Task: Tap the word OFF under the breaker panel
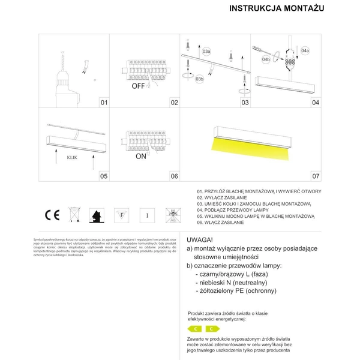click(139, 86)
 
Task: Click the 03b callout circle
click(200, 78)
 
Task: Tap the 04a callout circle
click(305, 50)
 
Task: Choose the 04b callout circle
click(268, 60)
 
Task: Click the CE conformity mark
click(51, 214)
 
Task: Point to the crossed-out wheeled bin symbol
click(74, 214)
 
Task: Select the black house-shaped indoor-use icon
click(95, 214)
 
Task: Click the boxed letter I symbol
click(146, 214)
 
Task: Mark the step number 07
click(316, 176)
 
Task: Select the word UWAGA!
click(200, 239)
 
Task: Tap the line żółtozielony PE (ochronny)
click(236, 290)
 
